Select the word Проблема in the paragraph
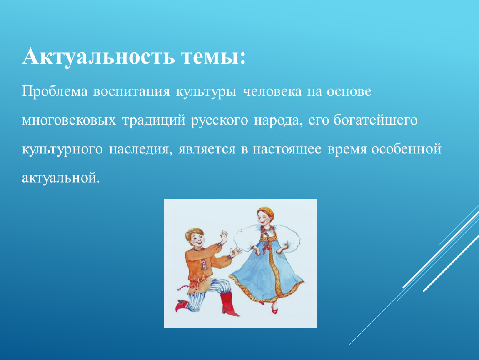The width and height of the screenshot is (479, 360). pos(55,91)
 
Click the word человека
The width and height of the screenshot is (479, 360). pos(272,92)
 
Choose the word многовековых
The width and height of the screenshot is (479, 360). pos(69,120)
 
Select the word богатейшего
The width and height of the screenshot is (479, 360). pos(375,120)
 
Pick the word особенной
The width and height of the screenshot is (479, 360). pos(407,148)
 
